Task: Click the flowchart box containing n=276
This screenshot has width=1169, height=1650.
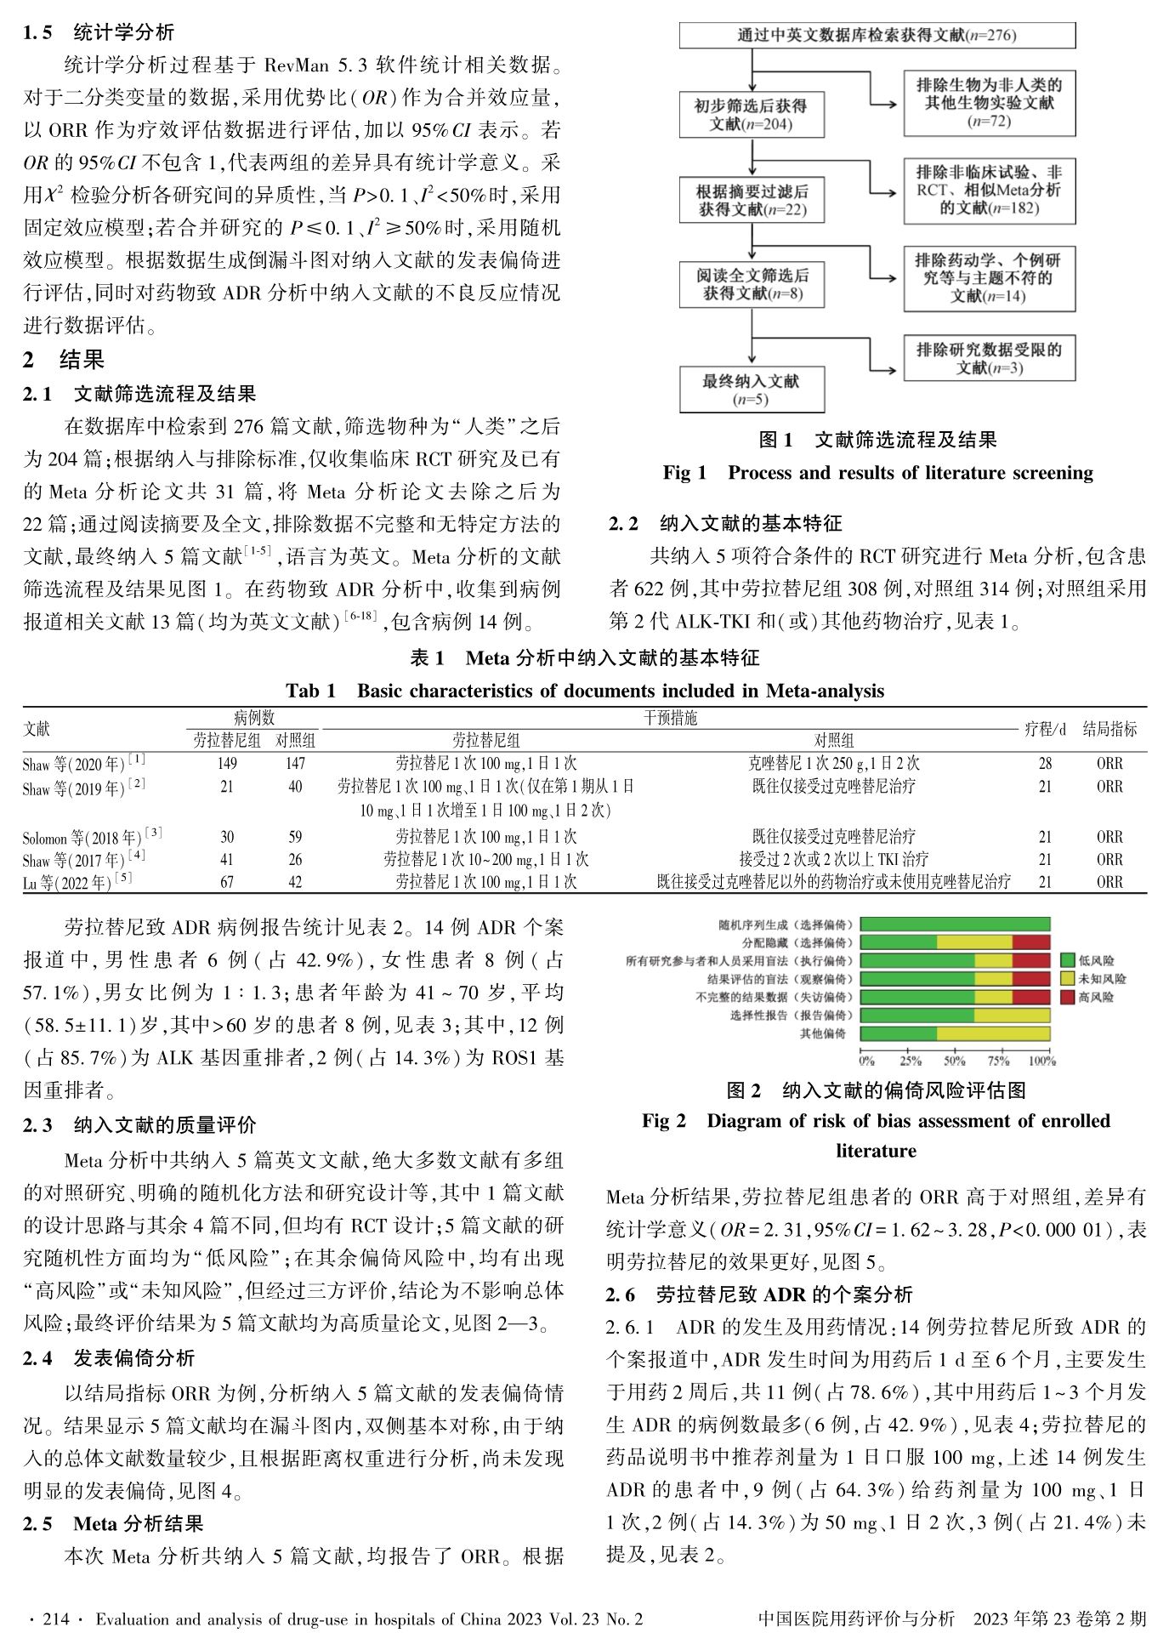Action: [877, 36]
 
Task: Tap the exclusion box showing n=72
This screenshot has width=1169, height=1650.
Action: [989, 103]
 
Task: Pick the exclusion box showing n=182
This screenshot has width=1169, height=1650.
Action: [989, 191]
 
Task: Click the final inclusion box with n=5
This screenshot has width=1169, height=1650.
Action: [751, 390]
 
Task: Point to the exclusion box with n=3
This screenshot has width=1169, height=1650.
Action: [989, 358]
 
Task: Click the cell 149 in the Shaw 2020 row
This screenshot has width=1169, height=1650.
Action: [227, 764]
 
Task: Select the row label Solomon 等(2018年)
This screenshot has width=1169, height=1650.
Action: [92, 837]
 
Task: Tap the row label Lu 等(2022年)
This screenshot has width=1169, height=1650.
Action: [77, 883]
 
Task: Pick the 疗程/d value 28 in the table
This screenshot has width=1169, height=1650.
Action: [1045, 764]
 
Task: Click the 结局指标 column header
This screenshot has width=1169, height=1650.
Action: [1109, 730]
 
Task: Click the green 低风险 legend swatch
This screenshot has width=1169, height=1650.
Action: [1068, 960]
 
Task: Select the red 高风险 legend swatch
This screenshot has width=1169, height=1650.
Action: [1068, 997]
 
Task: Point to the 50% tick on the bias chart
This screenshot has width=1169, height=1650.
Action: [955, 1061]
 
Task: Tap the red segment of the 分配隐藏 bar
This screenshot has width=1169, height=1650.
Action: [1031, 942]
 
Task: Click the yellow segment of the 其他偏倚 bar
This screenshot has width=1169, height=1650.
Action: [993, 1033]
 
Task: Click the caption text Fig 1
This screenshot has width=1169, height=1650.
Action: [685, 473]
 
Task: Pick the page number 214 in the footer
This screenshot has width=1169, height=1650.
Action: [55, 1619]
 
